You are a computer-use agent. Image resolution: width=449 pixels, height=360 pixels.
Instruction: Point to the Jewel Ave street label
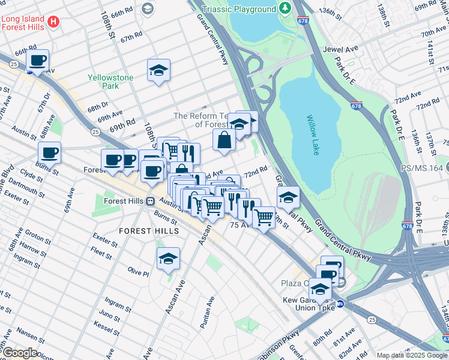coord(340,49)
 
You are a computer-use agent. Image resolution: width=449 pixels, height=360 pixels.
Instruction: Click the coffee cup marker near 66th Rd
coord(38,61)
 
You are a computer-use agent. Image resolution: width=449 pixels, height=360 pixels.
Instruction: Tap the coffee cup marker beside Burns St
coord(50,152)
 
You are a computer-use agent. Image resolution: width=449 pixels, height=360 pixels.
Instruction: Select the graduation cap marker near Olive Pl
coord(169,259)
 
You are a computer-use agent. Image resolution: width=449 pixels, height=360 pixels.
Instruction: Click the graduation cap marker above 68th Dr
coord(158,70)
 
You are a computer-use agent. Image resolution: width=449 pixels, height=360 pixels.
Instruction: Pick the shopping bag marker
coord(224,140)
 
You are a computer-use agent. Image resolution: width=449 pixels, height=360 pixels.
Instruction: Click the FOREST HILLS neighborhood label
coord(148,230)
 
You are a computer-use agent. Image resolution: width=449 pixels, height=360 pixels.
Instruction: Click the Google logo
coord(19,353)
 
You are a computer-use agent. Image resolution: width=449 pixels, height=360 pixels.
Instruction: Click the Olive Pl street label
coord(138,273)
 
